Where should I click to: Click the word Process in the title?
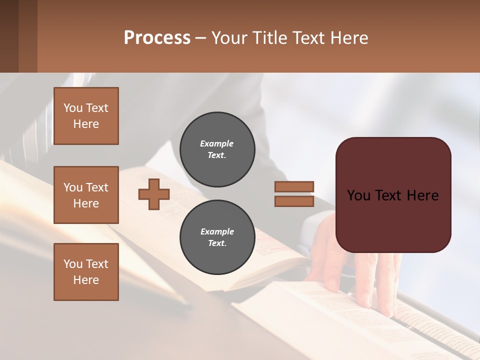(x=157, y=38)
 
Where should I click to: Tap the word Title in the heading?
(x=270, y=38)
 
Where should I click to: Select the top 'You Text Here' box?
(x=86, y=116)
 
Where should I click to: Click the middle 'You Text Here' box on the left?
(x=86, y=195)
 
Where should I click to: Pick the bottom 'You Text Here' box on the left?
(x=86, y=271)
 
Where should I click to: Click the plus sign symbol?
(x=154, y=194)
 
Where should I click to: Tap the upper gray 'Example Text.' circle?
(x=217, y=149)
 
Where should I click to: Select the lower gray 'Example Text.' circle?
(x=217, y=237)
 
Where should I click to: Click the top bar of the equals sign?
(x=294, y=187)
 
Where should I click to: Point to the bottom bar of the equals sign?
(x=294, y=201)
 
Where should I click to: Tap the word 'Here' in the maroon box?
(x=422, y=195)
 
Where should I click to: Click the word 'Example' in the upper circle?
(x=217, y=143)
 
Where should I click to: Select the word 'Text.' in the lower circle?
(x=217, y=243)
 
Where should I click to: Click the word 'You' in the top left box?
(x=72, y=108)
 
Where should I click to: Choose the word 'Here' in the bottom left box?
(x=86, y=280)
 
